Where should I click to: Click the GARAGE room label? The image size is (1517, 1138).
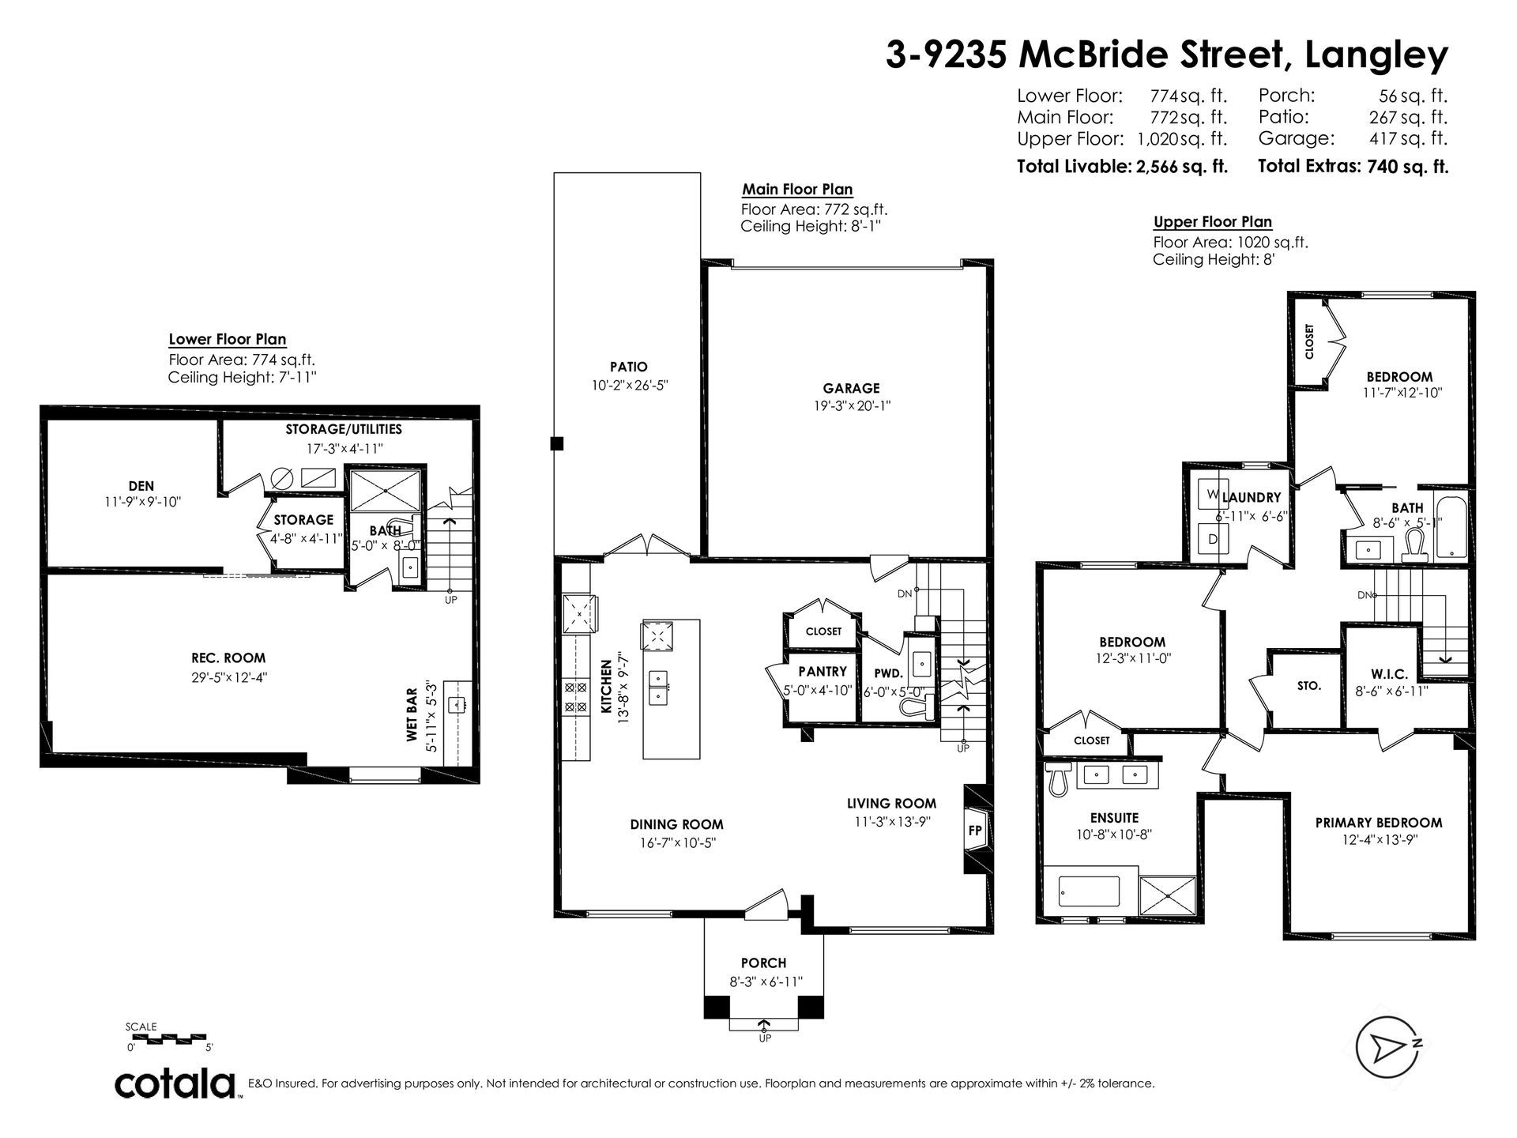point(851,388)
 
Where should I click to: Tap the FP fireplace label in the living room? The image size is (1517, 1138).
point(975,831)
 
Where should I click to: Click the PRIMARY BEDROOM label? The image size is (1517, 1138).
point(1379,823)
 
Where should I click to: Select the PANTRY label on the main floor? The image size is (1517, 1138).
point(822,672)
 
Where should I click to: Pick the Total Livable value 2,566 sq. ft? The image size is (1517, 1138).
point(1181,167)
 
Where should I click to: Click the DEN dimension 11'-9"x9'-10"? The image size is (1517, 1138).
point(142,501)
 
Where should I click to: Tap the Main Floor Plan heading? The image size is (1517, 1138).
point(797,190)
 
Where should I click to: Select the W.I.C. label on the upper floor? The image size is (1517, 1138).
point(1389,674)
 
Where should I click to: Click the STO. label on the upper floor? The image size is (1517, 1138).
point(1309,686)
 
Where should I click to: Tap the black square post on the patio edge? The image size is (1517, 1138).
point(557,443)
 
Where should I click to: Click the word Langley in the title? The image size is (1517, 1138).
point(1377,56)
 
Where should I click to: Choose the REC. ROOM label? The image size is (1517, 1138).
point(228,658)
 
